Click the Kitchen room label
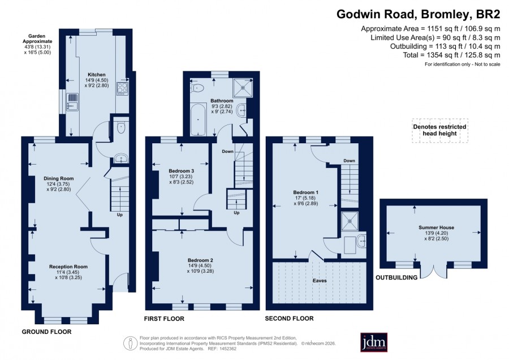pos(97,75)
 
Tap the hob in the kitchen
pos(122,88)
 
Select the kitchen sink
pos(72,102)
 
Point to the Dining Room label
pos(59,178)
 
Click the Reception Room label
pos(68,267)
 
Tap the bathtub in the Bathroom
pos(198,119)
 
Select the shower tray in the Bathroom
pos(243,87)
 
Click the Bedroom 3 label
pos(182,171)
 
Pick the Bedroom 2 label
pos(201,260)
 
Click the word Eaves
pos(320,280)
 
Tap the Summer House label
pos(436,228)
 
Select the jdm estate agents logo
pos(374,342)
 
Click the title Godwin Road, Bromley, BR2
pos(418,14)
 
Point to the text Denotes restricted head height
pos(439,130)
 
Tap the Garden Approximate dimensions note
pos(37,44)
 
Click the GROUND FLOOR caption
pos(46,332)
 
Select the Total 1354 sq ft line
pos(451,55)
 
